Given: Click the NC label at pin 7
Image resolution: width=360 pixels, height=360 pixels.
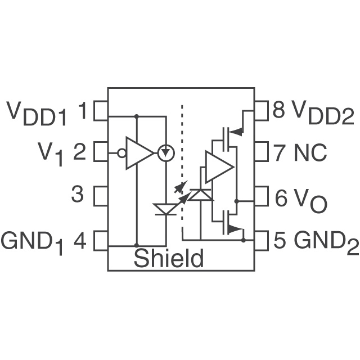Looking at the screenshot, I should (x=310, y=152).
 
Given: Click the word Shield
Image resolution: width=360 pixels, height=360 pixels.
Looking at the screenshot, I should (x=169, y=259).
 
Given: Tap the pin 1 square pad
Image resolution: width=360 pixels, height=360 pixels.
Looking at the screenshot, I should (x=101, y=111).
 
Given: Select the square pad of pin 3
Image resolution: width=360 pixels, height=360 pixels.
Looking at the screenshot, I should (x=101, y=196).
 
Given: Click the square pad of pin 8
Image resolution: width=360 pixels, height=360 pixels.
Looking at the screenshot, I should (x=262, y=111).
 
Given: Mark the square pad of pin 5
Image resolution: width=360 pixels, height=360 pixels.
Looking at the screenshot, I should (x=262, y=240).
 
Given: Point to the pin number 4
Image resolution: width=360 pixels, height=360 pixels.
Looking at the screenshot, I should (x=80, y=241).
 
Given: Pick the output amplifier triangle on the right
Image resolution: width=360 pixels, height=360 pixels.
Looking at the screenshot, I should (x=218, y=167).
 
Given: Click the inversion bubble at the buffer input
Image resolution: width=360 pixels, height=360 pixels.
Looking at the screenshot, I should (x=121, y=152).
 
